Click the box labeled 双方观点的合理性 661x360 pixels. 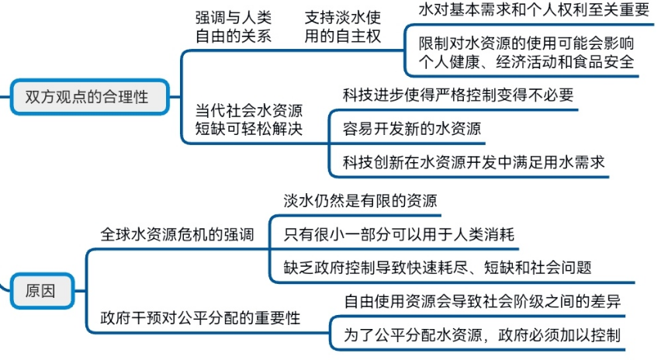(86, 97)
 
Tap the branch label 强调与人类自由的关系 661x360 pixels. (233, 28)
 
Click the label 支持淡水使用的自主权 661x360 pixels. (343, 28)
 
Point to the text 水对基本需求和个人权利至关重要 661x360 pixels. (533, 10)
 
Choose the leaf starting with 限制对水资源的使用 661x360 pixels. (527, 53)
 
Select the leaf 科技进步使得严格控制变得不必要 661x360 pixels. (458, 95)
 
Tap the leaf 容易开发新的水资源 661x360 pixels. (407, 129)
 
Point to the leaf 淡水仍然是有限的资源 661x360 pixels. (362, 200)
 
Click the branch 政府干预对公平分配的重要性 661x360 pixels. (201, 318)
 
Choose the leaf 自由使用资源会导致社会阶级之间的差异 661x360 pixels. (482, 301)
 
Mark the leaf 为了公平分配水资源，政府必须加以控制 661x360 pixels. (482, 335)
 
